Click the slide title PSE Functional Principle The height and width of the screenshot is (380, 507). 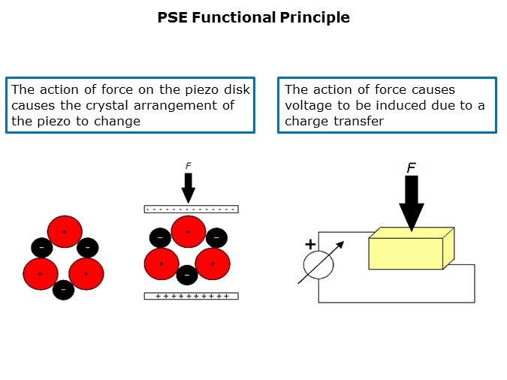[253, 17]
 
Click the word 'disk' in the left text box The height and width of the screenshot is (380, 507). [234, 90]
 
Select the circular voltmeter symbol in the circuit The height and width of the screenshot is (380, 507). [318, 264]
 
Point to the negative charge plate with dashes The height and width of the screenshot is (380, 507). [191, 209]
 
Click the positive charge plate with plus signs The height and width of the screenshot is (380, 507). [191, 296]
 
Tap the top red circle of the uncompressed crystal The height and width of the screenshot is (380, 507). [64, 232]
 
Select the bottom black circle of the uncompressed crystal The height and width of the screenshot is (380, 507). [64, 288]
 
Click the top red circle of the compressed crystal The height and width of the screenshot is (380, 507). [189, 232]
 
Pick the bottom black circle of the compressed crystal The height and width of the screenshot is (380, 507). [187, 274]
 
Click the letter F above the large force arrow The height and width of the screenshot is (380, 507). [412, 168]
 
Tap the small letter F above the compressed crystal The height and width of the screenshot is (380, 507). [188, 166]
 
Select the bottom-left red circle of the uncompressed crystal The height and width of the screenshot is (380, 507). [41, 274]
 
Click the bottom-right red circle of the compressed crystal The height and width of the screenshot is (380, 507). [213, 264]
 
